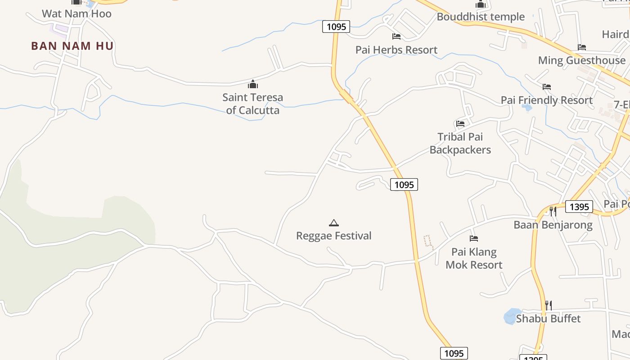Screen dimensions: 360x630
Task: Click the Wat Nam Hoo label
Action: (76, 14)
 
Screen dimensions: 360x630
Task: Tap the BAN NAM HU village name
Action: (72, 46)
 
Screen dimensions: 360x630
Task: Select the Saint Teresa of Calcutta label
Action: (252, 103)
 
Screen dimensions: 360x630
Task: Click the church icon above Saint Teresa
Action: (253, 84)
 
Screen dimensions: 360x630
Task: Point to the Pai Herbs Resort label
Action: (396, 50)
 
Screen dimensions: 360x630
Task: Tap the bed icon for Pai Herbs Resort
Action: (396, 36)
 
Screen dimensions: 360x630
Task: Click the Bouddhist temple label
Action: (481, 17)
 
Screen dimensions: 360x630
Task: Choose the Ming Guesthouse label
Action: (581, 60)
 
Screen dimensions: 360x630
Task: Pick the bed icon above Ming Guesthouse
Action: (581, 47)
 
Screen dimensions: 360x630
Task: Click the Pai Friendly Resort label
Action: (547, 100)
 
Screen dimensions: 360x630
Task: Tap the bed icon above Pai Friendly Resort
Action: (547, 86)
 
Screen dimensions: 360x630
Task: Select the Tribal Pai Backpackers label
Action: (460, 143)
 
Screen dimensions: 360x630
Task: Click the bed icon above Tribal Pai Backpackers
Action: (460, 123)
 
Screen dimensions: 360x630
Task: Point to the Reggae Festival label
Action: (333, 236)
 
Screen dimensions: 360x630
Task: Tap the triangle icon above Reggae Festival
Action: (333, 223)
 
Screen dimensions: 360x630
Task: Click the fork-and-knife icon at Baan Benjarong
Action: (553, 211)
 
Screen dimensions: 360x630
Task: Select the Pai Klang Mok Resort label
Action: (473, 258)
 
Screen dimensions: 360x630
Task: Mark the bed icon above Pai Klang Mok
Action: (473, 238)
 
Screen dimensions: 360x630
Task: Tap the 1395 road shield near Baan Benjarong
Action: (579, 207)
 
